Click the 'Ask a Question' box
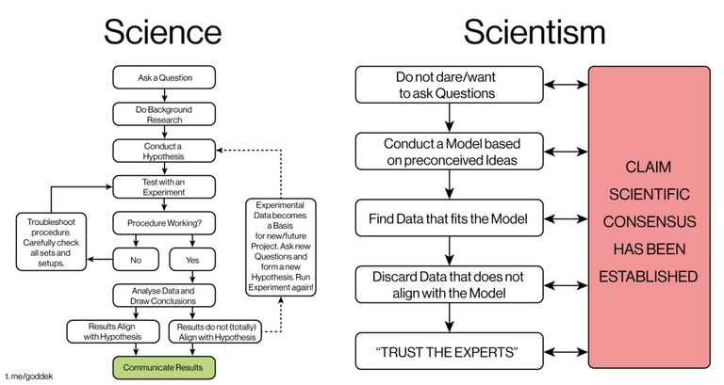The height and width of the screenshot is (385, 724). click(164, 77)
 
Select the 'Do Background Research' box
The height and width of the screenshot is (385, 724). click(164, 114)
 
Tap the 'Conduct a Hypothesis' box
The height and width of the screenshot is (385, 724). click(164, 151)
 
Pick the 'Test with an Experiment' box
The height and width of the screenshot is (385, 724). click(164, 186)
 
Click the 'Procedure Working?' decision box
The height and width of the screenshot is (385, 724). click(164, 223)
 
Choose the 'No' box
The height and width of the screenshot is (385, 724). click(136, 260)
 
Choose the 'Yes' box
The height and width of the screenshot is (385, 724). click(192, 260)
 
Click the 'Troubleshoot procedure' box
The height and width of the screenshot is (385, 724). click(51, 242)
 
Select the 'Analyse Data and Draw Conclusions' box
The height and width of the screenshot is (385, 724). click(164, 296)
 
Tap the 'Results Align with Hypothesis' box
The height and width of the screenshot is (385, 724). click(113, 331)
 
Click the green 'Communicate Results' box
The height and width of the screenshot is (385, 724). click(164, 367)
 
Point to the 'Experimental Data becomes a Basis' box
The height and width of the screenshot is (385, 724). click(281, 248)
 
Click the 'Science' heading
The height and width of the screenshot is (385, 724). click(162, 32)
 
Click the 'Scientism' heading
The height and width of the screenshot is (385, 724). click(535, 32)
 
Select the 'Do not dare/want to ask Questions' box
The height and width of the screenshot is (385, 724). click(450, 85)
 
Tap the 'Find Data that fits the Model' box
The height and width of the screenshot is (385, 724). click(450, 218)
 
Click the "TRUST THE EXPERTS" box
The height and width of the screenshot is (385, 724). click(450, 352)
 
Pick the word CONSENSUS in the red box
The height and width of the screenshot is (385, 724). click(650, 222)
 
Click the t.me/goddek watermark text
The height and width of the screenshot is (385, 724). click(29, 377)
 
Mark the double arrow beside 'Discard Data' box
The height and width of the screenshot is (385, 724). click(566, 285)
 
